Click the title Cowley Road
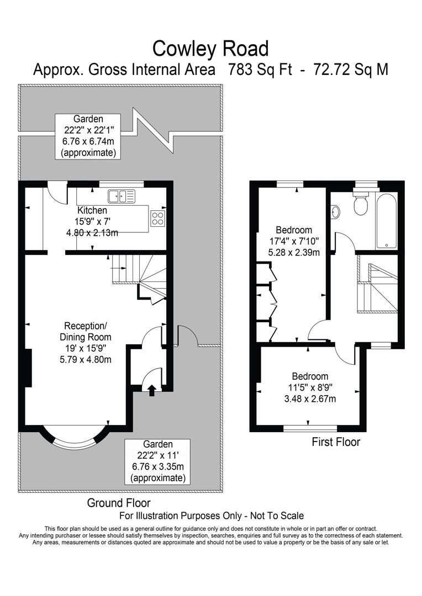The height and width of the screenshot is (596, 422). coord(210,49)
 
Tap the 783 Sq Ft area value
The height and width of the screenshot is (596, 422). coord(261,70)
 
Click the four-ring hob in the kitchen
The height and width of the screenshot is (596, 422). coord(157,218)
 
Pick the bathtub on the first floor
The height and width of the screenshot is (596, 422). coord(386,221)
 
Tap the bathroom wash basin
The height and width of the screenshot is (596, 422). coord(336,211)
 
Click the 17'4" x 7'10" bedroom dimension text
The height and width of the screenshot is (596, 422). coord(294,242)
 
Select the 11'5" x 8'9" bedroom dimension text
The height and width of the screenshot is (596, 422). coord(309,388)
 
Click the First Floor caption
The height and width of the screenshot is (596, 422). coord(336,442)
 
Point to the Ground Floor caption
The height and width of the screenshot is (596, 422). coord(118,503)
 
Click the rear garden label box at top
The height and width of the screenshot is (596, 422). coord(88,136)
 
